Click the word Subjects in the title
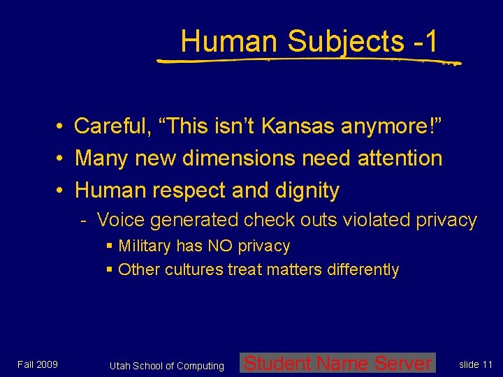point(345,41)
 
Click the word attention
point(400,158)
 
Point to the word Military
point(147,246)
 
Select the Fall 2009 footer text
point(38,364)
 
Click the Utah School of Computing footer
point(167,366)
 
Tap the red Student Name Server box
point(337,363)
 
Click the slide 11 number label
point(476,364)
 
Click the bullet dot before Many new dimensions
point(62,158)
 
